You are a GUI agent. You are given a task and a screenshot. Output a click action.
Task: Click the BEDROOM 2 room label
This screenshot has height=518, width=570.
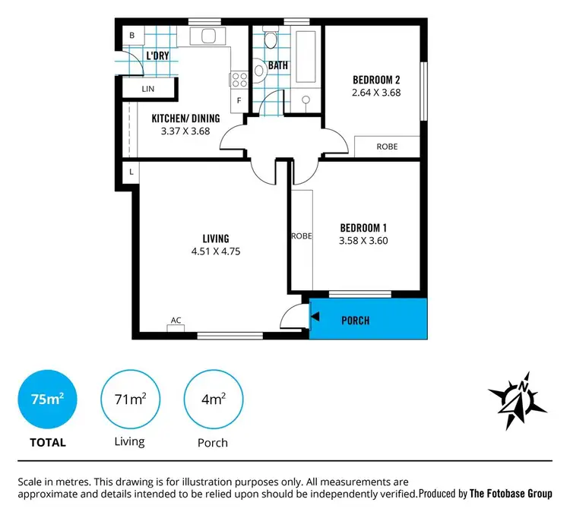[377, 80]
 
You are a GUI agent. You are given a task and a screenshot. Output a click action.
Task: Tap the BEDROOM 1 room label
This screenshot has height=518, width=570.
[363, 228]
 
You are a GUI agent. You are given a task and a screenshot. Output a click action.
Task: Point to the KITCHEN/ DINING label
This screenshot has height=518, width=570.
[185, 118]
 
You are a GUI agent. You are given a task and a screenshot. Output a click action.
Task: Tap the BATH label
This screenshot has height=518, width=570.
[277, 65]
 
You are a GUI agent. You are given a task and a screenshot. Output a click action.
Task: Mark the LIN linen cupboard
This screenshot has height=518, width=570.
[147, 89]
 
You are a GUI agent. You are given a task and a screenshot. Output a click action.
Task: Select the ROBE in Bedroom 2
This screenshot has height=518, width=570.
[387, 147]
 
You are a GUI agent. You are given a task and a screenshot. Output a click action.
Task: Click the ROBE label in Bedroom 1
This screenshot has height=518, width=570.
[302, 236]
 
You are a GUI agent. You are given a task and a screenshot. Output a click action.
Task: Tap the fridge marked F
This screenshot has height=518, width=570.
[239, 100]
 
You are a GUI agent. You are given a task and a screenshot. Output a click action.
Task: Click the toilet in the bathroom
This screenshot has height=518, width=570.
[260, 69]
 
